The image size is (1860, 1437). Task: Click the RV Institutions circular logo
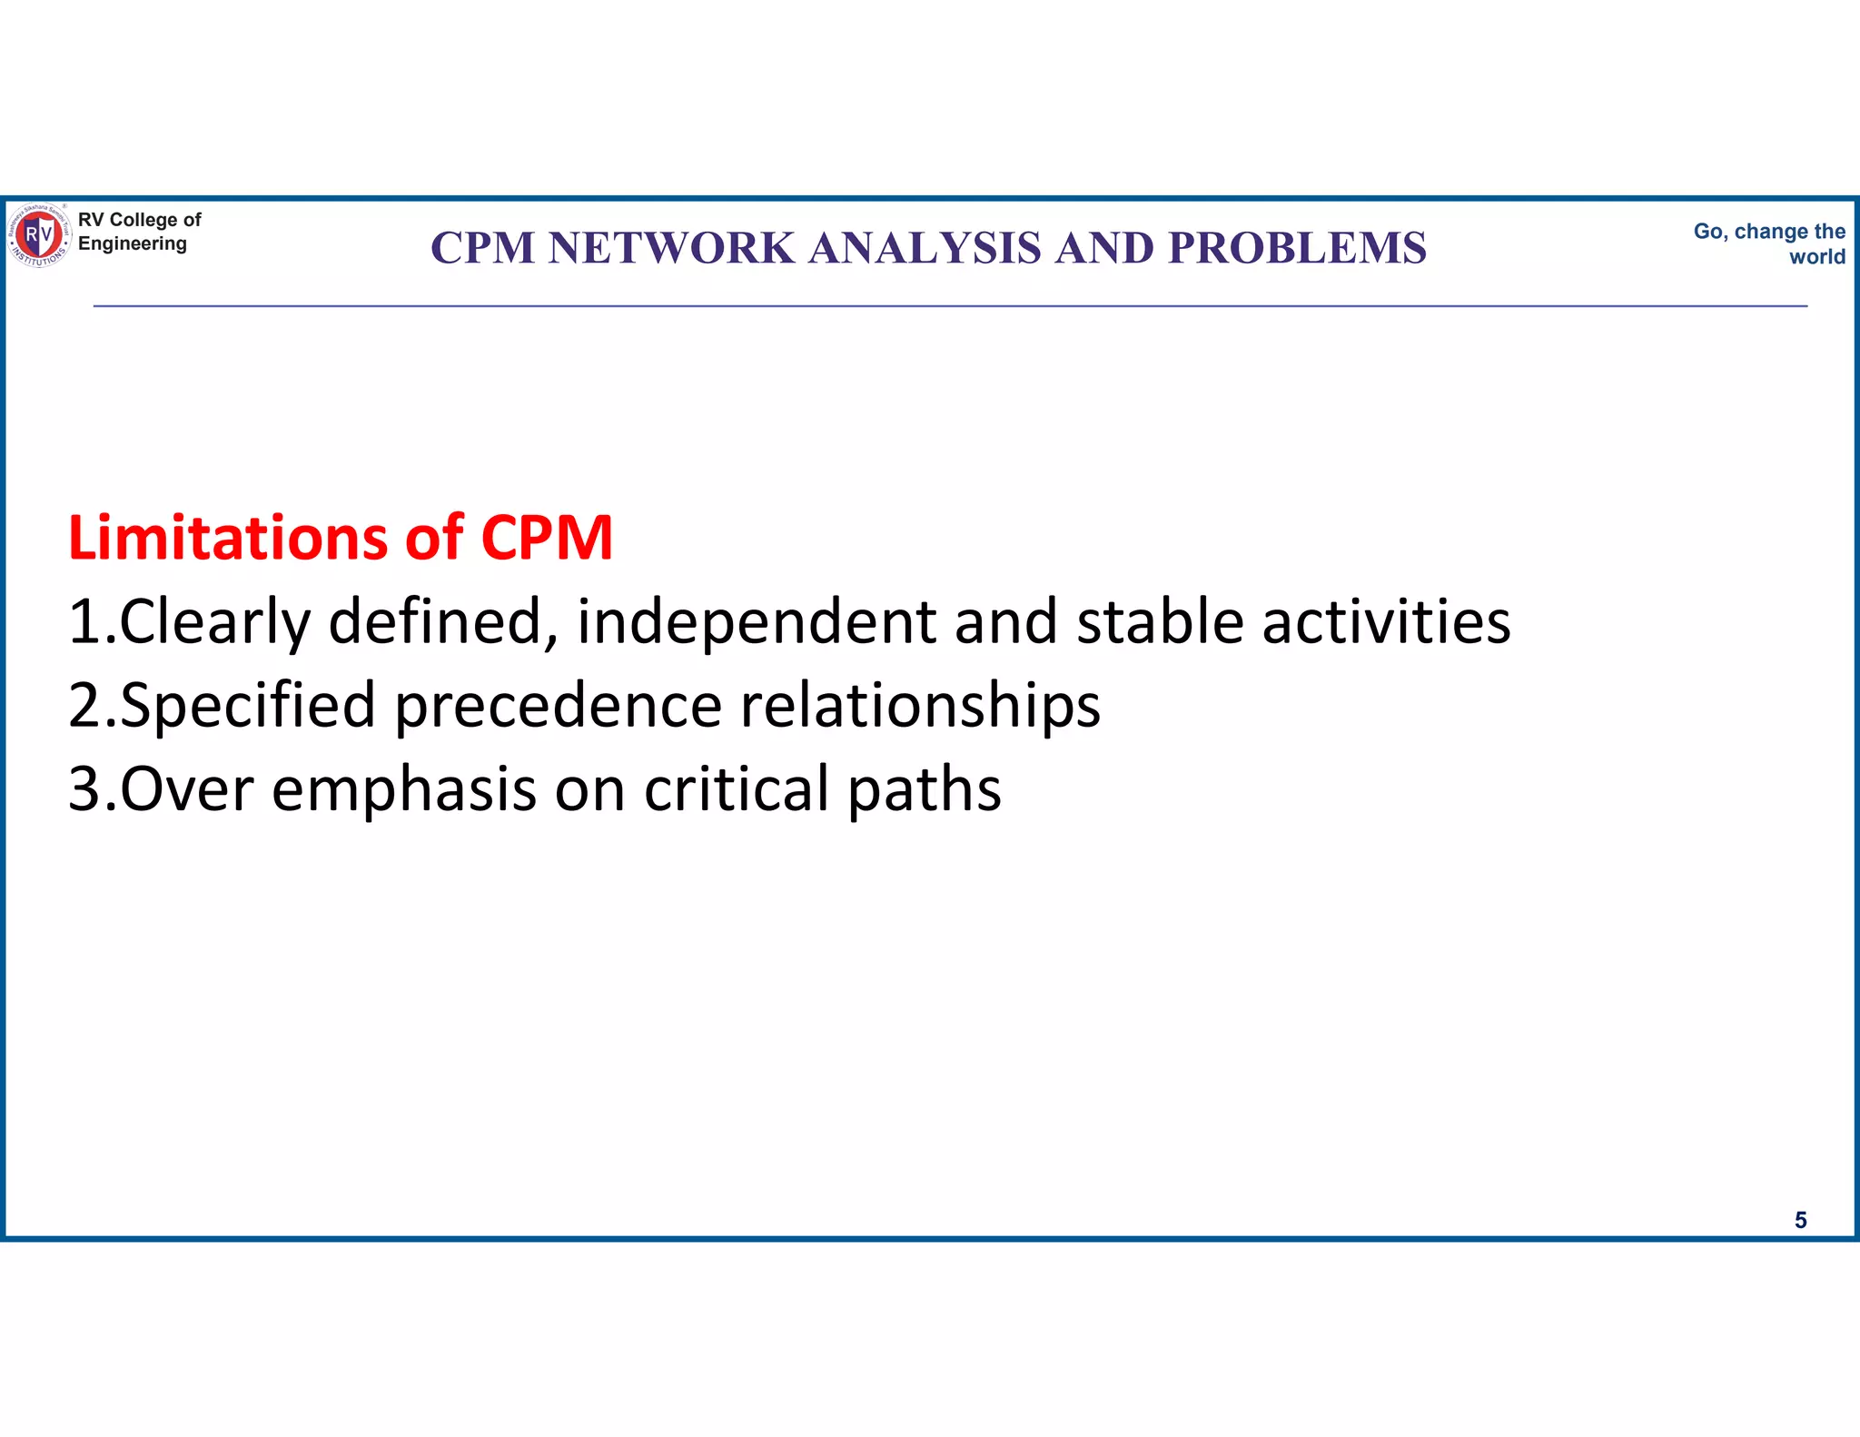(39, 235)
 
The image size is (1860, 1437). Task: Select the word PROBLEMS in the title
(1297, 248)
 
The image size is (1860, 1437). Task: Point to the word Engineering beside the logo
(133, 243)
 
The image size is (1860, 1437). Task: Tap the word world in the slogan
(1816, 257)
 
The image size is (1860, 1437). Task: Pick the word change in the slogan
(1771, 232)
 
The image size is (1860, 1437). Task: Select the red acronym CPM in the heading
(547, 538)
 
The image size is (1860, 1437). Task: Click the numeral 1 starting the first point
(85, 622)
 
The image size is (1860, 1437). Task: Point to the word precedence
(558, 706)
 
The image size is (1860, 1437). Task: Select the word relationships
(920, 706)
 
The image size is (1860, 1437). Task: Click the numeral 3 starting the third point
(84, 789)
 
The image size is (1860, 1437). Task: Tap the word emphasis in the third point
(404, 789)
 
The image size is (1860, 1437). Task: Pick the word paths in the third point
(924, 789)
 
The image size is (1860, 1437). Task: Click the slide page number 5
(1800, 1220)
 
